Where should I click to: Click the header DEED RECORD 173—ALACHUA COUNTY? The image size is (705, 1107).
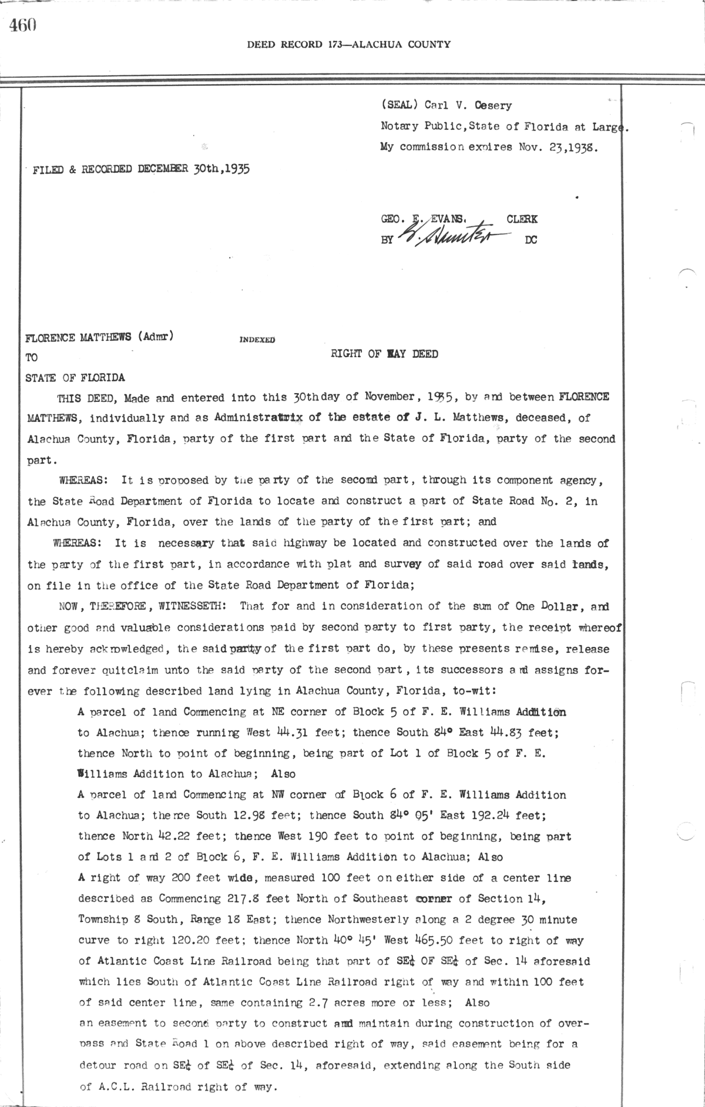pyautogui.click(x=348, y=44)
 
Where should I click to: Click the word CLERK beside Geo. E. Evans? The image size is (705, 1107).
pyautogui.click(x=522, y=219)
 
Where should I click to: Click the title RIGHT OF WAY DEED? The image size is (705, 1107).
pyautogui.click(x=384, y=354)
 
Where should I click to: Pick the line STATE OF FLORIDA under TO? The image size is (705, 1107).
pyautogui.click(x=75, y=377)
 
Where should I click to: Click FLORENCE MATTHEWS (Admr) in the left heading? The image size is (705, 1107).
pyautogui.click(x=99, y=337)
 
